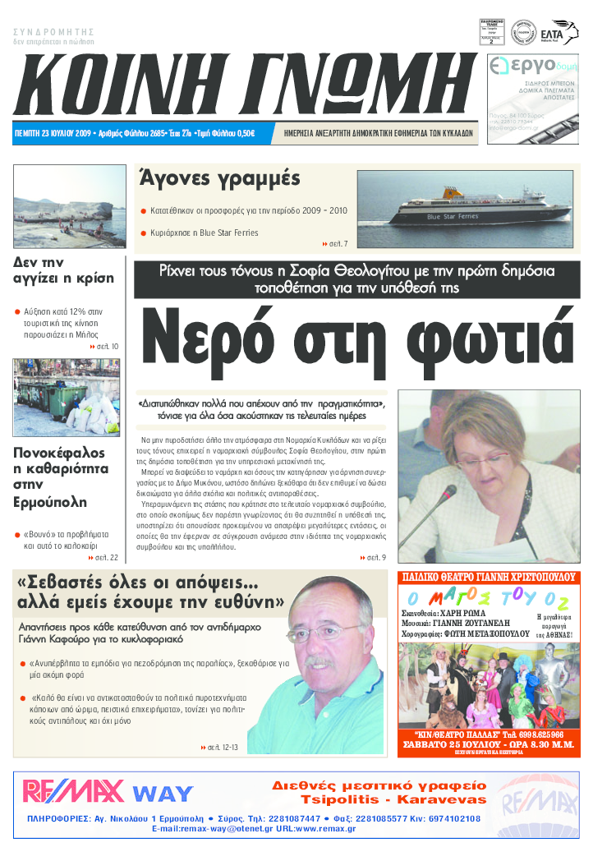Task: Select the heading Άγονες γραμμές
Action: [219, 177]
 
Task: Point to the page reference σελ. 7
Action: [338, 244]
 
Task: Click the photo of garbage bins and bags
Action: [67, 398]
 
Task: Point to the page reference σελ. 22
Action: [106, 558]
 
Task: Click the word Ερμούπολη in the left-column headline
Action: [54, 501]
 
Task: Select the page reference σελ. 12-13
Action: [222, 747]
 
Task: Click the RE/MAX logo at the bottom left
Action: [72, 791]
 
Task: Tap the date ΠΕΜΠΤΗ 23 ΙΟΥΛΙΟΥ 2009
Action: [53, 132]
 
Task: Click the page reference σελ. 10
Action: [107, 348]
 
